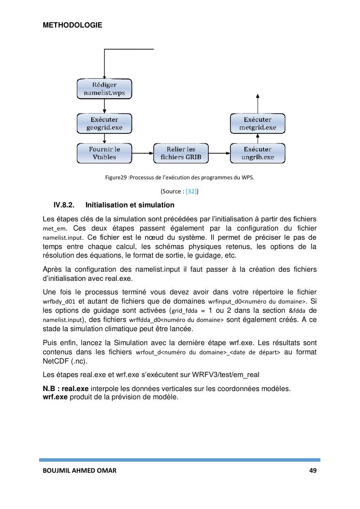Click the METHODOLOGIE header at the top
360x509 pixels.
pyautogui.click(x=72, y=25)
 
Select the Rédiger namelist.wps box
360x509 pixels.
pyautogui.click(x=104, y=89)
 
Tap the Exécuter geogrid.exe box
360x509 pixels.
pyautogui.click(x=104, y=124)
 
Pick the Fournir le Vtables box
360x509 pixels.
pyautogui.click(x=104, y=153)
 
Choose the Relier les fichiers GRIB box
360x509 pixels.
pyautogui.click(x=181, y=153)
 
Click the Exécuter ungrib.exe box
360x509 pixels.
pyautogui.click(x=258, y=153)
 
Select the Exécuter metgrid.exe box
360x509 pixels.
pyautogui.click(x=258, y=124)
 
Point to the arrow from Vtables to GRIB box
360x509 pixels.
pyautogui.click(x=143, y=153)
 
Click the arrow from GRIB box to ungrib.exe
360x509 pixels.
pyautogui.click(x=219, y=153)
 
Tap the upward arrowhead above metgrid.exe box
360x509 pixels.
pyautogui.click(x=258, y=96)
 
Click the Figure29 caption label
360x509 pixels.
pyautogui.click(x=116, y=177)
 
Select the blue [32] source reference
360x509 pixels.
pyautogui.click(x=191, y=191)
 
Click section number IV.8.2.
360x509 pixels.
pyautogui.click(x=63, y=205)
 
